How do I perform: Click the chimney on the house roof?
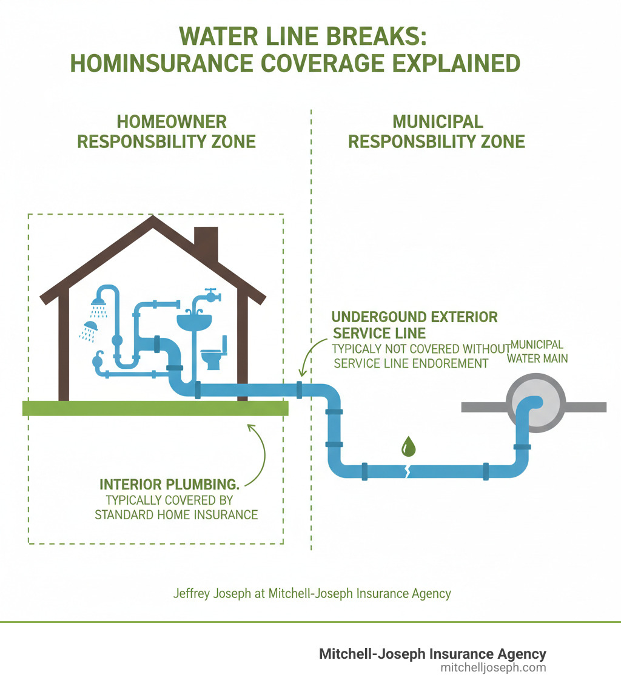click(206, 243)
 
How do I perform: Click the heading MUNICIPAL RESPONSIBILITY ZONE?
click(437, 131)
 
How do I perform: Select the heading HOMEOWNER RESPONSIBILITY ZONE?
click(168, 131)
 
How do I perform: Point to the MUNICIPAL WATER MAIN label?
click(539, 351)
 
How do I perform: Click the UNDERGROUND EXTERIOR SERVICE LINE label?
click(415, 325)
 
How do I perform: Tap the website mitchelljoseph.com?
click(494, 667)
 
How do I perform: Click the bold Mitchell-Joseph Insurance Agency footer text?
click(432, 654)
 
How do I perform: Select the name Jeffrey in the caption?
click(189, 593)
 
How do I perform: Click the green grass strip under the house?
click(155, 408)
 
